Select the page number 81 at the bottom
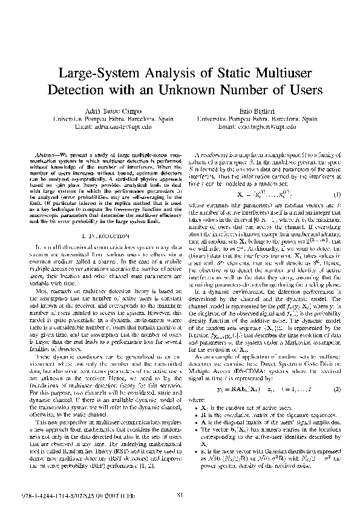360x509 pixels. point(180,496)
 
